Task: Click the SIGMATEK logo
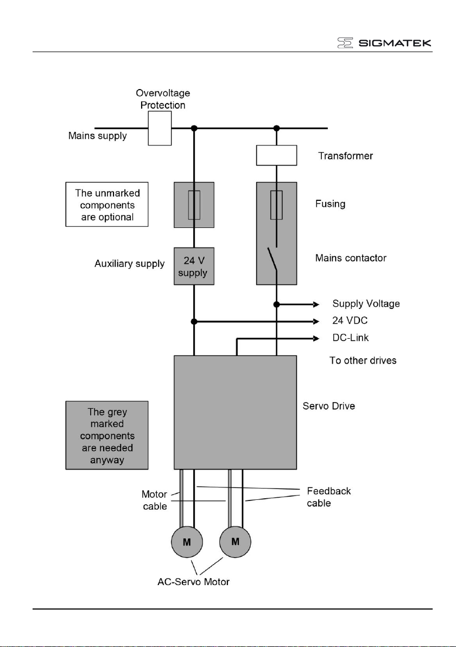coord(384,42)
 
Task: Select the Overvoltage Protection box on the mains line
coord(160,128)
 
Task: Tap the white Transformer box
coord(276,155)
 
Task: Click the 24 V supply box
coord(194,266)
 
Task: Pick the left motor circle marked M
coord(187,542)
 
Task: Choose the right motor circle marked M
coord(235,542)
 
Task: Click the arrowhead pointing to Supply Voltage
coord(316,305)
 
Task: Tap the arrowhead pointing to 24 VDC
coord(316,321)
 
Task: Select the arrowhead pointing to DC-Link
coord(316,338)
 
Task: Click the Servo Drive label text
coord(329,406)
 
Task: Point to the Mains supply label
coord(97,136)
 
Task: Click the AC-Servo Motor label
coord(194,582)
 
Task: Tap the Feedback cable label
coord(329,497)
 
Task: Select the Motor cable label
coord(154,500)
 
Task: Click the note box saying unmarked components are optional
coord(107,204)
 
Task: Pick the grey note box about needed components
coord(107,435)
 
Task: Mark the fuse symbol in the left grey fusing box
coord(194,205)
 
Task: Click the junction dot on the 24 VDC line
coord(194,321)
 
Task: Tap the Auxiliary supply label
coord(130,264)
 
